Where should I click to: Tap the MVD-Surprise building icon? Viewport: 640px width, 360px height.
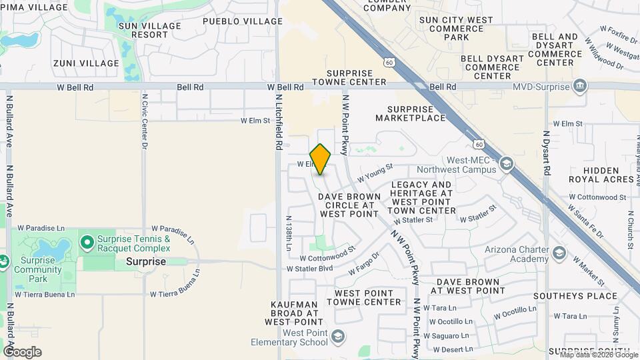pyautogui.click(x=580, y=87)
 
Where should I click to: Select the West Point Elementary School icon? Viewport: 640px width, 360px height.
pyautogui.click(x=339, y=335)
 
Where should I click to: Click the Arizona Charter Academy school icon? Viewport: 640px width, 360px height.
pyautogui.click(x=559, y=254)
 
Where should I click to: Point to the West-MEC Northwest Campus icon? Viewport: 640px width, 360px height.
pyautogui.click(x=506, y=164)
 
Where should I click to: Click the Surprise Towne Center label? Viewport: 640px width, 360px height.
pyautogui.click(x=357, y=77)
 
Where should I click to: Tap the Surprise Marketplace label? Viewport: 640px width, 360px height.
pyautogui.click(x=410, y=113)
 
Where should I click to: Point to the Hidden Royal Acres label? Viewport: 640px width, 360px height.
pyautogui.click(x=601, y=175)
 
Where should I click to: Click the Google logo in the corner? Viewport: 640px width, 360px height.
pyautogui.click(x=22, y=352)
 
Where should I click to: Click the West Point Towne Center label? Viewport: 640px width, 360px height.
pyautogui.click(x=368, y=297)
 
